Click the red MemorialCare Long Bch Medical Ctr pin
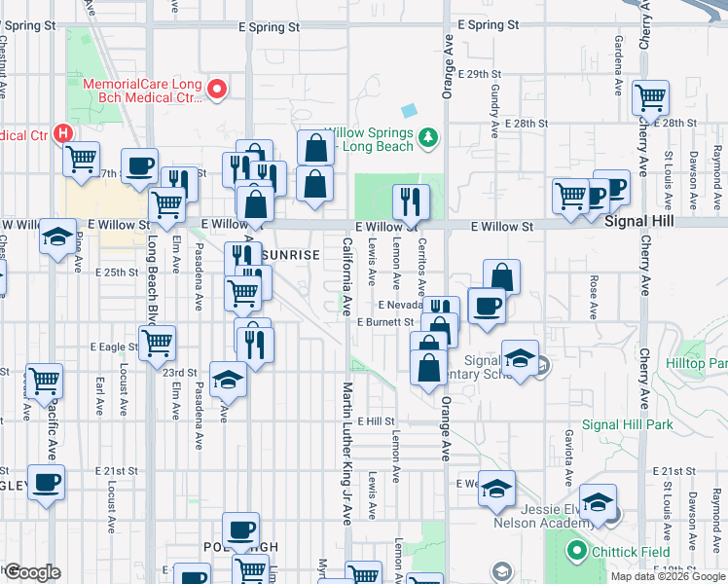217,91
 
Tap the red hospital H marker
63,132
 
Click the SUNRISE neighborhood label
290,254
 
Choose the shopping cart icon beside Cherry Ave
649,97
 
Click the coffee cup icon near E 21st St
46,482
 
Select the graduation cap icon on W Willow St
57,236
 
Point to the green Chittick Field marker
576,552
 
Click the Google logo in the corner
32,571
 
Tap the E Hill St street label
375,421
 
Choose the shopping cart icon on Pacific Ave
45,381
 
